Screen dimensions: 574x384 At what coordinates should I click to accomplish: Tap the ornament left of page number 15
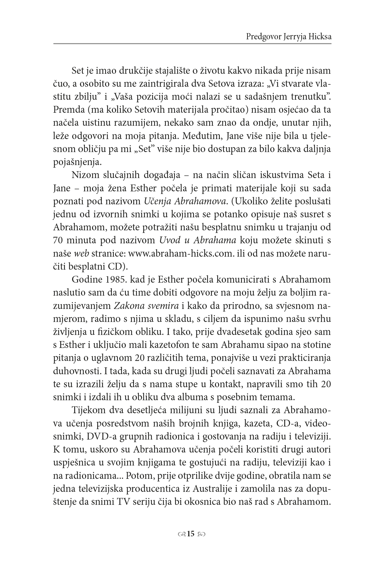click(x=182, y=534)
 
